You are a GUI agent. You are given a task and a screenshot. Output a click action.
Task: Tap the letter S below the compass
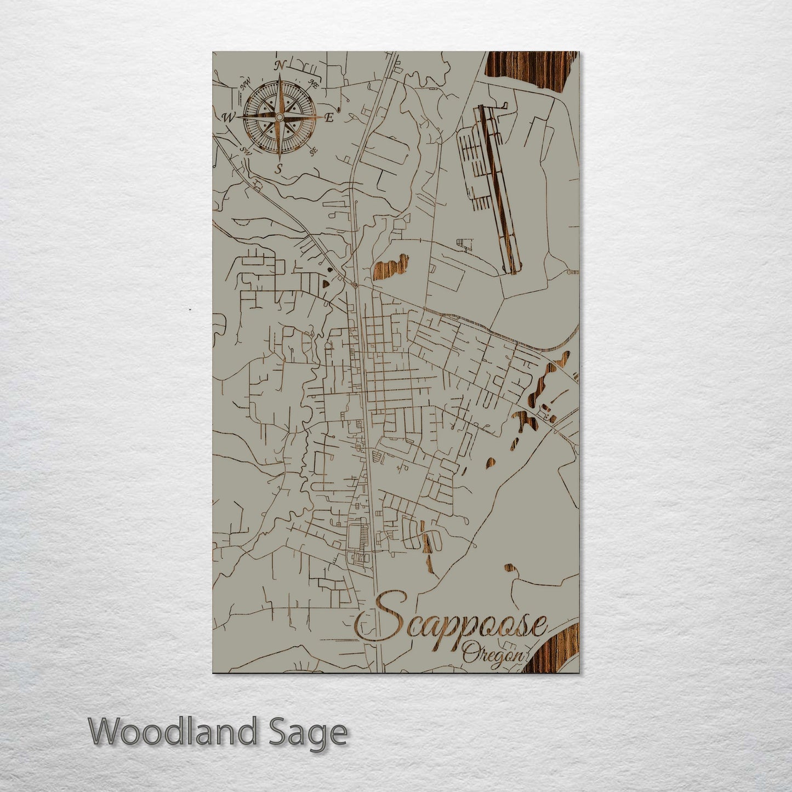pos(279,169)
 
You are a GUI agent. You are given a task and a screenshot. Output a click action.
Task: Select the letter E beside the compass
pos(329,118)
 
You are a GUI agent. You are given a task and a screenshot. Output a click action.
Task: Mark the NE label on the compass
pos(315,84)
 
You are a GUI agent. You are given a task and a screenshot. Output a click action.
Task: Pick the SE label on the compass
pos(314,151)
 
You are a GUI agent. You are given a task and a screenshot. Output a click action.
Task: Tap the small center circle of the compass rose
pos(279,117)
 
